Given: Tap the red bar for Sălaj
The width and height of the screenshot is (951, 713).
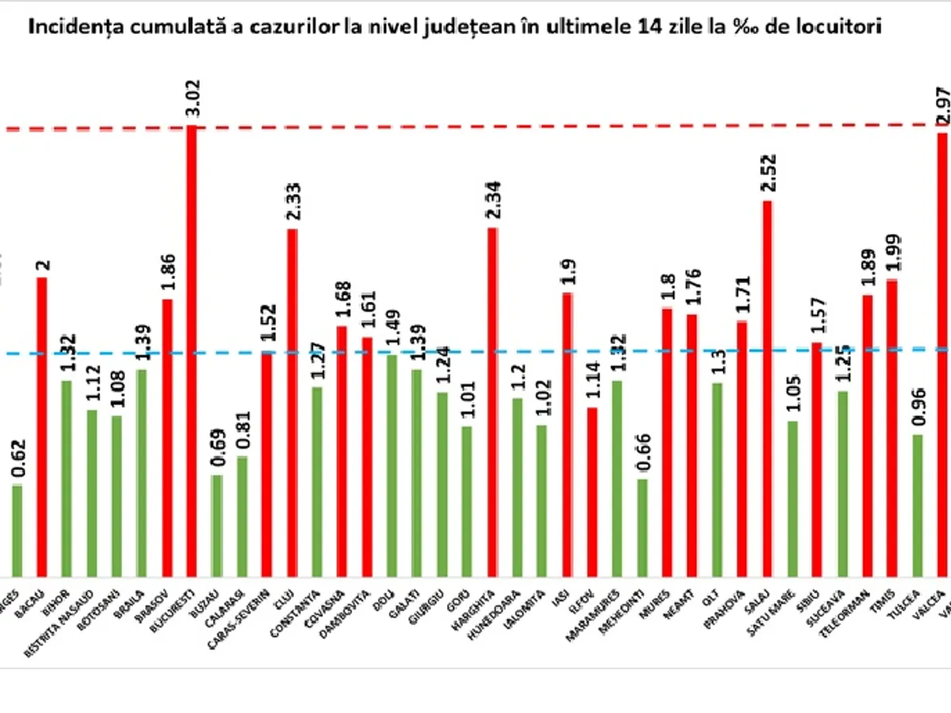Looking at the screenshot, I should pos(767,388).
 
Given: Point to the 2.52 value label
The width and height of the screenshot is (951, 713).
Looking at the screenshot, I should pos(767,173).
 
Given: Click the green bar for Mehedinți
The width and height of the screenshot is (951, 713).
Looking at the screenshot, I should pos(642,528).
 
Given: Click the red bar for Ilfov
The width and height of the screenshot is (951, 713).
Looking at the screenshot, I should pos(592,491).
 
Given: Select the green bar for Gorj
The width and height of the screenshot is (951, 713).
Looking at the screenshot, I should pos(467,501).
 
